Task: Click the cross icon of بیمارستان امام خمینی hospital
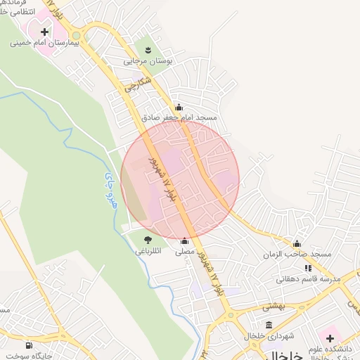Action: click(45, 32)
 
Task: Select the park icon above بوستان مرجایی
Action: click(148, 49)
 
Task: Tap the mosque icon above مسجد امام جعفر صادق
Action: click(179, 108)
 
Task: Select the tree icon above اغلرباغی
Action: click(147, 240)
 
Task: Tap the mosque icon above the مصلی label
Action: click(185, 240)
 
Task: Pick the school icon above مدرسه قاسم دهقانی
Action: click(308, 268)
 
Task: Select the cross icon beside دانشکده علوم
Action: click(330, 338)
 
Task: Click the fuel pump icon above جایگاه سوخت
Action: click(28, 345)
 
